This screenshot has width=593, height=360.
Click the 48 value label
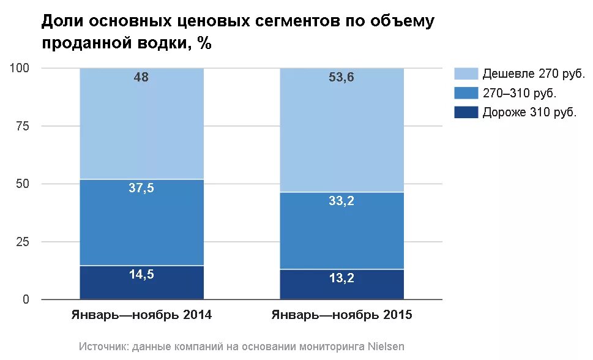[x=141, y=77]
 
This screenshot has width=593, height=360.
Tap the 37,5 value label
[x=141, y=189]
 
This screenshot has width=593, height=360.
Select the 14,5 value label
[x=141, y=275]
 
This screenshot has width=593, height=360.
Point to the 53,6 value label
[x=342, y=77]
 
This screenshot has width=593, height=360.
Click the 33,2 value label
[x=342, y=201]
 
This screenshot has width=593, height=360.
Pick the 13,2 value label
[x=342, y=279]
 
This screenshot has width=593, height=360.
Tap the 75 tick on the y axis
[x=23, y=126]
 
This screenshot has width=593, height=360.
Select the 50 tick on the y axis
[x=23, y=184]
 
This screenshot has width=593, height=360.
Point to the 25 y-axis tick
[x=23, y=242]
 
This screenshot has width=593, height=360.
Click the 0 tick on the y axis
[x=26, y=300]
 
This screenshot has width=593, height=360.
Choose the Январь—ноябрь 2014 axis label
[x=141, y=316]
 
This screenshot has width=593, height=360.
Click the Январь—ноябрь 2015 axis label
[x=342, y=316]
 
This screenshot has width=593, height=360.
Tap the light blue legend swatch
[x=466, y=74]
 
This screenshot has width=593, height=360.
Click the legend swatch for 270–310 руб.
[x=466, y=93]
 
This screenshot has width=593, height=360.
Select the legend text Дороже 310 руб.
[x=530, y=113]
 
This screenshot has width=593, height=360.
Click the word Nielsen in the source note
[x=386, y=347]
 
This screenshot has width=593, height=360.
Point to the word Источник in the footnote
[x=103, y=347]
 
